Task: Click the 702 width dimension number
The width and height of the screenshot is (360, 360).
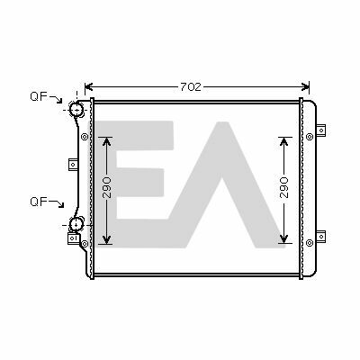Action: pos(191,87)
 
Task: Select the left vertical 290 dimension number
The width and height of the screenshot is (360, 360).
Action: pos(106,187)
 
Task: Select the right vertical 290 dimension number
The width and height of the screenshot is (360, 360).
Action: pos(283,187)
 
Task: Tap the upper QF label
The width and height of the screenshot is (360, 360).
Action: pos(39,96)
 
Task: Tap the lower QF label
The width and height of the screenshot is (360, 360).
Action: pos(39,202)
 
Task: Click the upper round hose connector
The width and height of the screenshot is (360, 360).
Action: pos(76,109)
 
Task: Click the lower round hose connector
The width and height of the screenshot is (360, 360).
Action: pos(76,224)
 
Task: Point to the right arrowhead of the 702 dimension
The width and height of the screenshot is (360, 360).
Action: pos(305,87)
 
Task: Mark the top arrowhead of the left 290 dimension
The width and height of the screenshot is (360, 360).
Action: pos(107,141)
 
